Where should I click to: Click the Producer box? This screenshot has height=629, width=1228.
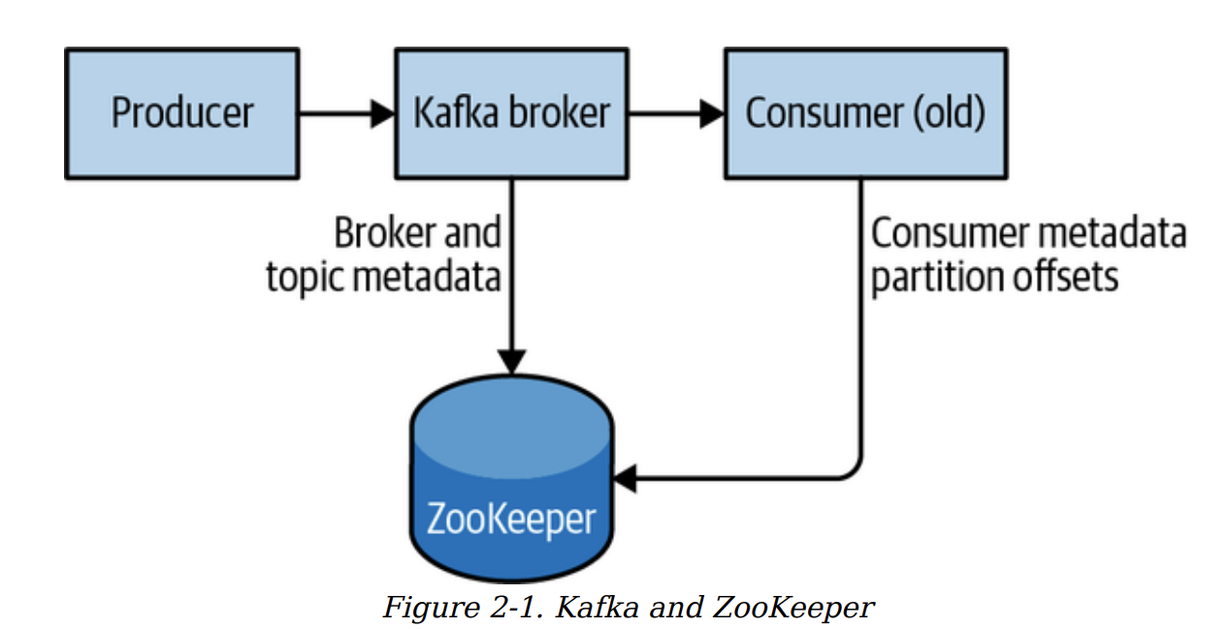tap(181, 114)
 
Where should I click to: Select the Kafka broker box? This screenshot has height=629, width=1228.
tap(511, 114)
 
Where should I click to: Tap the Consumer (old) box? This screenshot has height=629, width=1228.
tap(865, 114)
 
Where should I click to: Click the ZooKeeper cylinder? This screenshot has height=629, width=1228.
tap(511, 485)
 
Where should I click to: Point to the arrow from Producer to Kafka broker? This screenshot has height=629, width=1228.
tap(345, 114)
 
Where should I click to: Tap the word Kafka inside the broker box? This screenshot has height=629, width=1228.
tap(452, 114)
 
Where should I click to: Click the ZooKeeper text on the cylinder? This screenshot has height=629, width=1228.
tap(511, 519)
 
